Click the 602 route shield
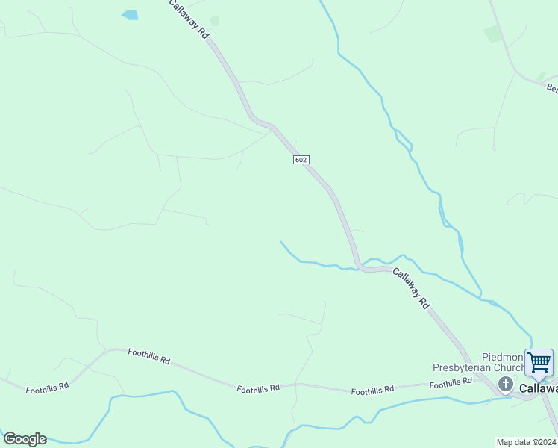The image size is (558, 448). pos(300,160)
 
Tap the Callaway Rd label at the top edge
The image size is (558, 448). pos(187,19)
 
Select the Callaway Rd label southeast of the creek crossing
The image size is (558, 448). pos(411,288)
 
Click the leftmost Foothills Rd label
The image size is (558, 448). pos(47,387)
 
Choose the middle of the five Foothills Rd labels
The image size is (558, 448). pos(258,388)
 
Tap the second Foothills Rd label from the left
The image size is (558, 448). pos(148,356)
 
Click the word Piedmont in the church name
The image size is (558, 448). pos(486,357)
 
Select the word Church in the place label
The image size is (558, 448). pos(510,367)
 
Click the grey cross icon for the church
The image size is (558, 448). pos(506,385)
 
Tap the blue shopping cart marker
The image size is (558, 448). pos(539,363)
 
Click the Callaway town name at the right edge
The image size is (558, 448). pos(539,388)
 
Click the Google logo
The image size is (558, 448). pos(25,439)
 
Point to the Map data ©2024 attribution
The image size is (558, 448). pos(527,442)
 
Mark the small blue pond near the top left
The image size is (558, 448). pos(130,15)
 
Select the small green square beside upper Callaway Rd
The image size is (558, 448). pos(215,21)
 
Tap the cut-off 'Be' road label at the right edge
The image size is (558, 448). pos(552,88)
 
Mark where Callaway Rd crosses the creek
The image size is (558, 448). pos(361,267)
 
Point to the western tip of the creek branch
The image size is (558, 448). pos(281,242)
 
